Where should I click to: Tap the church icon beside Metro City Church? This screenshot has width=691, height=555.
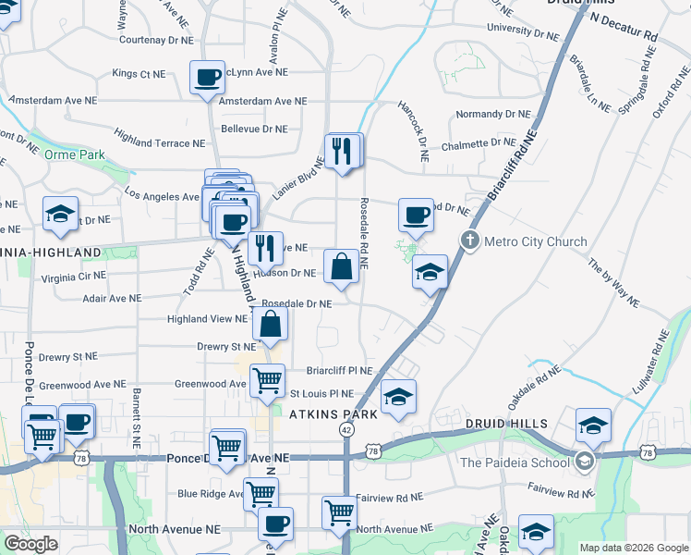pos(469,241)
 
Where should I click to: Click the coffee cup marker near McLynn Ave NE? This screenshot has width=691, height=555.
pos(208,77)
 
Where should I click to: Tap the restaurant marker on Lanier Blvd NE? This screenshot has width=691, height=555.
pos(343,150)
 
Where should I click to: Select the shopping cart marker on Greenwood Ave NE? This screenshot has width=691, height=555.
pos(267,379)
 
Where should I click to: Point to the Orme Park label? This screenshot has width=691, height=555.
pos(75,154)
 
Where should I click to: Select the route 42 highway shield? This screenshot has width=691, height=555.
pos(345,430)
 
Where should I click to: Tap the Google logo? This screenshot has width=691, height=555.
pos(30,544)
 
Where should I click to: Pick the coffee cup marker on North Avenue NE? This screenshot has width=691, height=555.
pos(274,524)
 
